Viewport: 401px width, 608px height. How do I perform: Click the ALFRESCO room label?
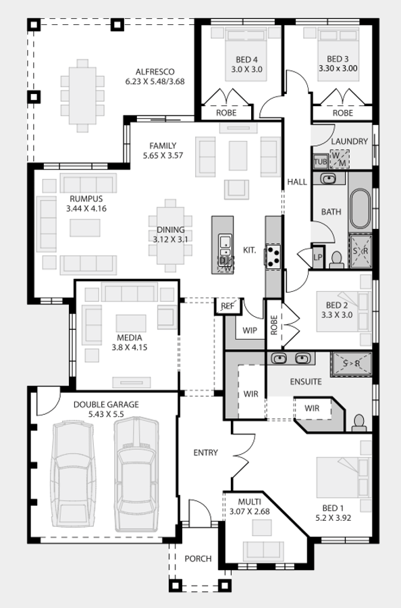tap(155, 72)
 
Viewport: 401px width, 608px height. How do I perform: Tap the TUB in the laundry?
tap(320, 161)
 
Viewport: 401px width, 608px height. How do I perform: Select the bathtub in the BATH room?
tap(360, 209)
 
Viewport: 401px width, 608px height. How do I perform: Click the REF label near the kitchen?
tap(228, 306)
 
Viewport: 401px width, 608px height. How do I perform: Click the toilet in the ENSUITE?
tap(359, 423)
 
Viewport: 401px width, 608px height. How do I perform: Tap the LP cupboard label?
tap(318, 257)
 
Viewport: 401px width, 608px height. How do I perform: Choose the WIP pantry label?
tap(250, 330)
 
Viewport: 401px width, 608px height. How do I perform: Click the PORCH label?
tap(198, 559)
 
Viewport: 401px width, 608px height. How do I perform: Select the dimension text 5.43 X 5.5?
tap(106, 414)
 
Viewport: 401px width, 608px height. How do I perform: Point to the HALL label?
tap(297, 182)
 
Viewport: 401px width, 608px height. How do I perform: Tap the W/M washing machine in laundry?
tap(340, 159)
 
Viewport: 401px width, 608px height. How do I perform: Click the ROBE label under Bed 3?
tap(343, 113)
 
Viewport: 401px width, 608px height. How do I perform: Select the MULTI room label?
tap(250, 502)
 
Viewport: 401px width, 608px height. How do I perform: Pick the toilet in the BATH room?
tap(336, 260)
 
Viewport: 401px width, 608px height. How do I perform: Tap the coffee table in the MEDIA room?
tap(131, 324)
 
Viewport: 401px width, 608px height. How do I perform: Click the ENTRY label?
tap(206, 453)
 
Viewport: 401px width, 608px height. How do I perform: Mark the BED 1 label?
tap(333, 508)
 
